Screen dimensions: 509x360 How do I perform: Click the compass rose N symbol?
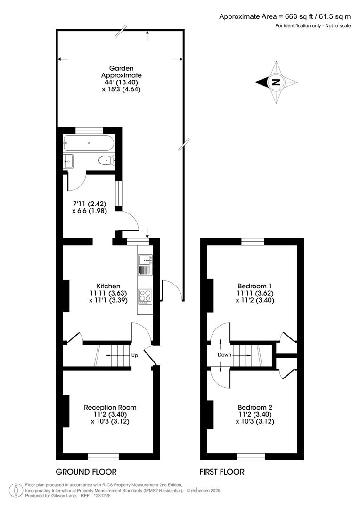coord(276,82)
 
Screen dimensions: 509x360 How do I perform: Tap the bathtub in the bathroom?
coord(89,143)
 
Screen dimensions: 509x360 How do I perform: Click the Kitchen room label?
coord(108,286)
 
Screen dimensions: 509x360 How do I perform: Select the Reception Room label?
coord(110,407)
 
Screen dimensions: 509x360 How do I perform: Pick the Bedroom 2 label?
coord(254,407)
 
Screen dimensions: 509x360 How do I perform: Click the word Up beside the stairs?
coord(134,356)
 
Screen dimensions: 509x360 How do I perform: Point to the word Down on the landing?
coord(224,355)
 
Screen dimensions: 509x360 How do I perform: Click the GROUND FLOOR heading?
coord(86,472)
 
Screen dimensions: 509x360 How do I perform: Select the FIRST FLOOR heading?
coord(221,472)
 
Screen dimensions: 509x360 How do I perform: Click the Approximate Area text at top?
coord(285,16)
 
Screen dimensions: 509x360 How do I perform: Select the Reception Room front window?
coord(103,456)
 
